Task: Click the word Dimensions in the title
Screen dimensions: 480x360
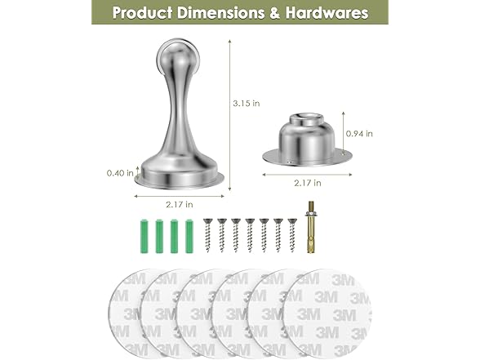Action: pyautogui.click(x=220, y=13)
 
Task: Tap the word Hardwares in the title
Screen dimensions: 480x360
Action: pyautogui.click(x=327, y=13)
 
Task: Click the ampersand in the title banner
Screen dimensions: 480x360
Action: pyautogui.click(x=274, y=13)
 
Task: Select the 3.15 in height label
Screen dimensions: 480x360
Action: pyautogui.click(x=247, y=104)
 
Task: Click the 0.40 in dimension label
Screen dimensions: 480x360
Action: pyautogui.click(x=120, y=173)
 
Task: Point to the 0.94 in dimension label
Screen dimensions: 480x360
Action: pyautogui.click(x=359, y=134)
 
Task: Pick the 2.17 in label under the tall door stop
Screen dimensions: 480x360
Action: pyautogui.click(x=180, y=204)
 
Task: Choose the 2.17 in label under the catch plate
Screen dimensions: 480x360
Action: pyautogui.click(x=308, y=183)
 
